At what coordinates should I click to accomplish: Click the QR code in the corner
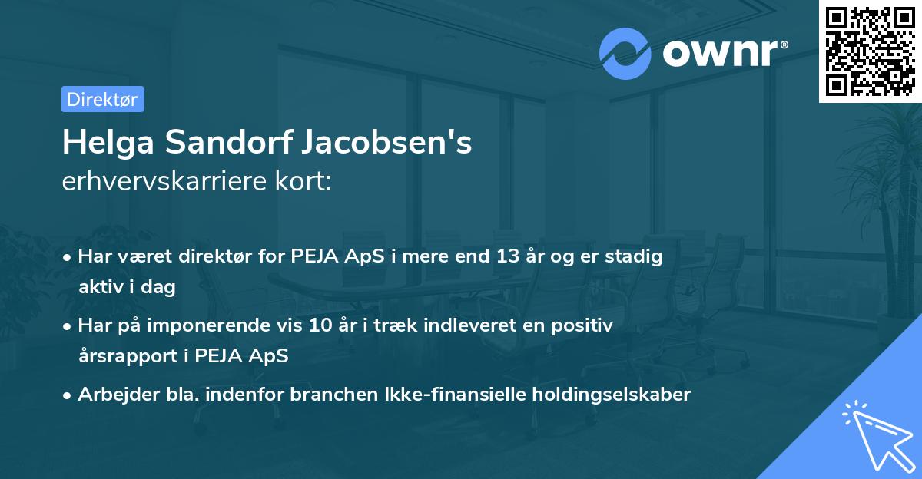[870, 51]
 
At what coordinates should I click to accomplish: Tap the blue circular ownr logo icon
[625, 53]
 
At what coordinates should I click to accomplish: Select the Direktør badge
[102, 99]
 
